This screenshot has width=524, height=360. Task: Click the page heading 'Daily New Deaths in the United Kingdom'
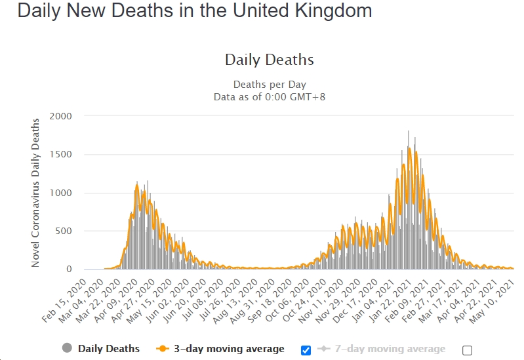[x=195, y=11]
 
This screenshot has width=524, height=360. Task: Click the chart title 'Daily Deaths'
[x=269, y=60]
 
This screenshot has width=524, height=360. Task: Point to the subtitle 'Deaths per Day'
[x=269, y=85]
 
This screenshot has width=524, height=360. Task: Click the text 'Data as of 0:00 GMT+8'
[x=269, y=97]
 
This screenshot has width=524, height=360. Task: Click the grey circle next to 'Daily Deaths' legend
[x=67, y=349]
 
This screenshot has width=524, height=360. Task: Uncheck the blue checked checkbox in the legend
[x=306, y=350]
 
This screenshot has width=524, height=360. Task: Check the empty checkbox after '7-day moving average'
[x=467, y=350]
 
